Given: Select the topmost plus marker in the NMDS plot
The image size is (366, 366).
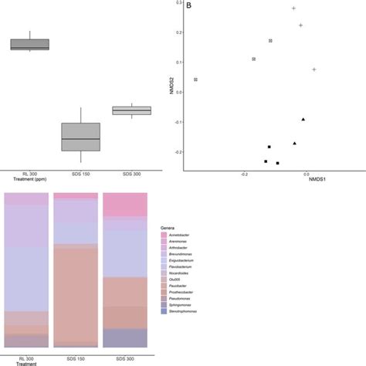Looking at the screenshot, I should point(294,8).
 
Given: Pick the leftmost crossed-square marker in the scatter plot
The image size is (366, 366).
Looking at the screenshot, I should point(196,80).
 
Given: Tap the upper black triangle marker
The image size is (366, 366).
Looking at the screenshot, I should point(303,120).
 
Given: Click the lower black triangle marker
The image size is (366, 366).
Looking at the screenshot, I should point(295,144).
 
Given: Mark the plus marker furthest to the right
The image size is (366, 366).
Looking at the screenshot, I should point(314,69).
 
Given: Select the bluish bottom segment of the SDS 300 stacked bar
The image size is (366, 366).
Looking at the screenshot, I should point(125,338).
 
